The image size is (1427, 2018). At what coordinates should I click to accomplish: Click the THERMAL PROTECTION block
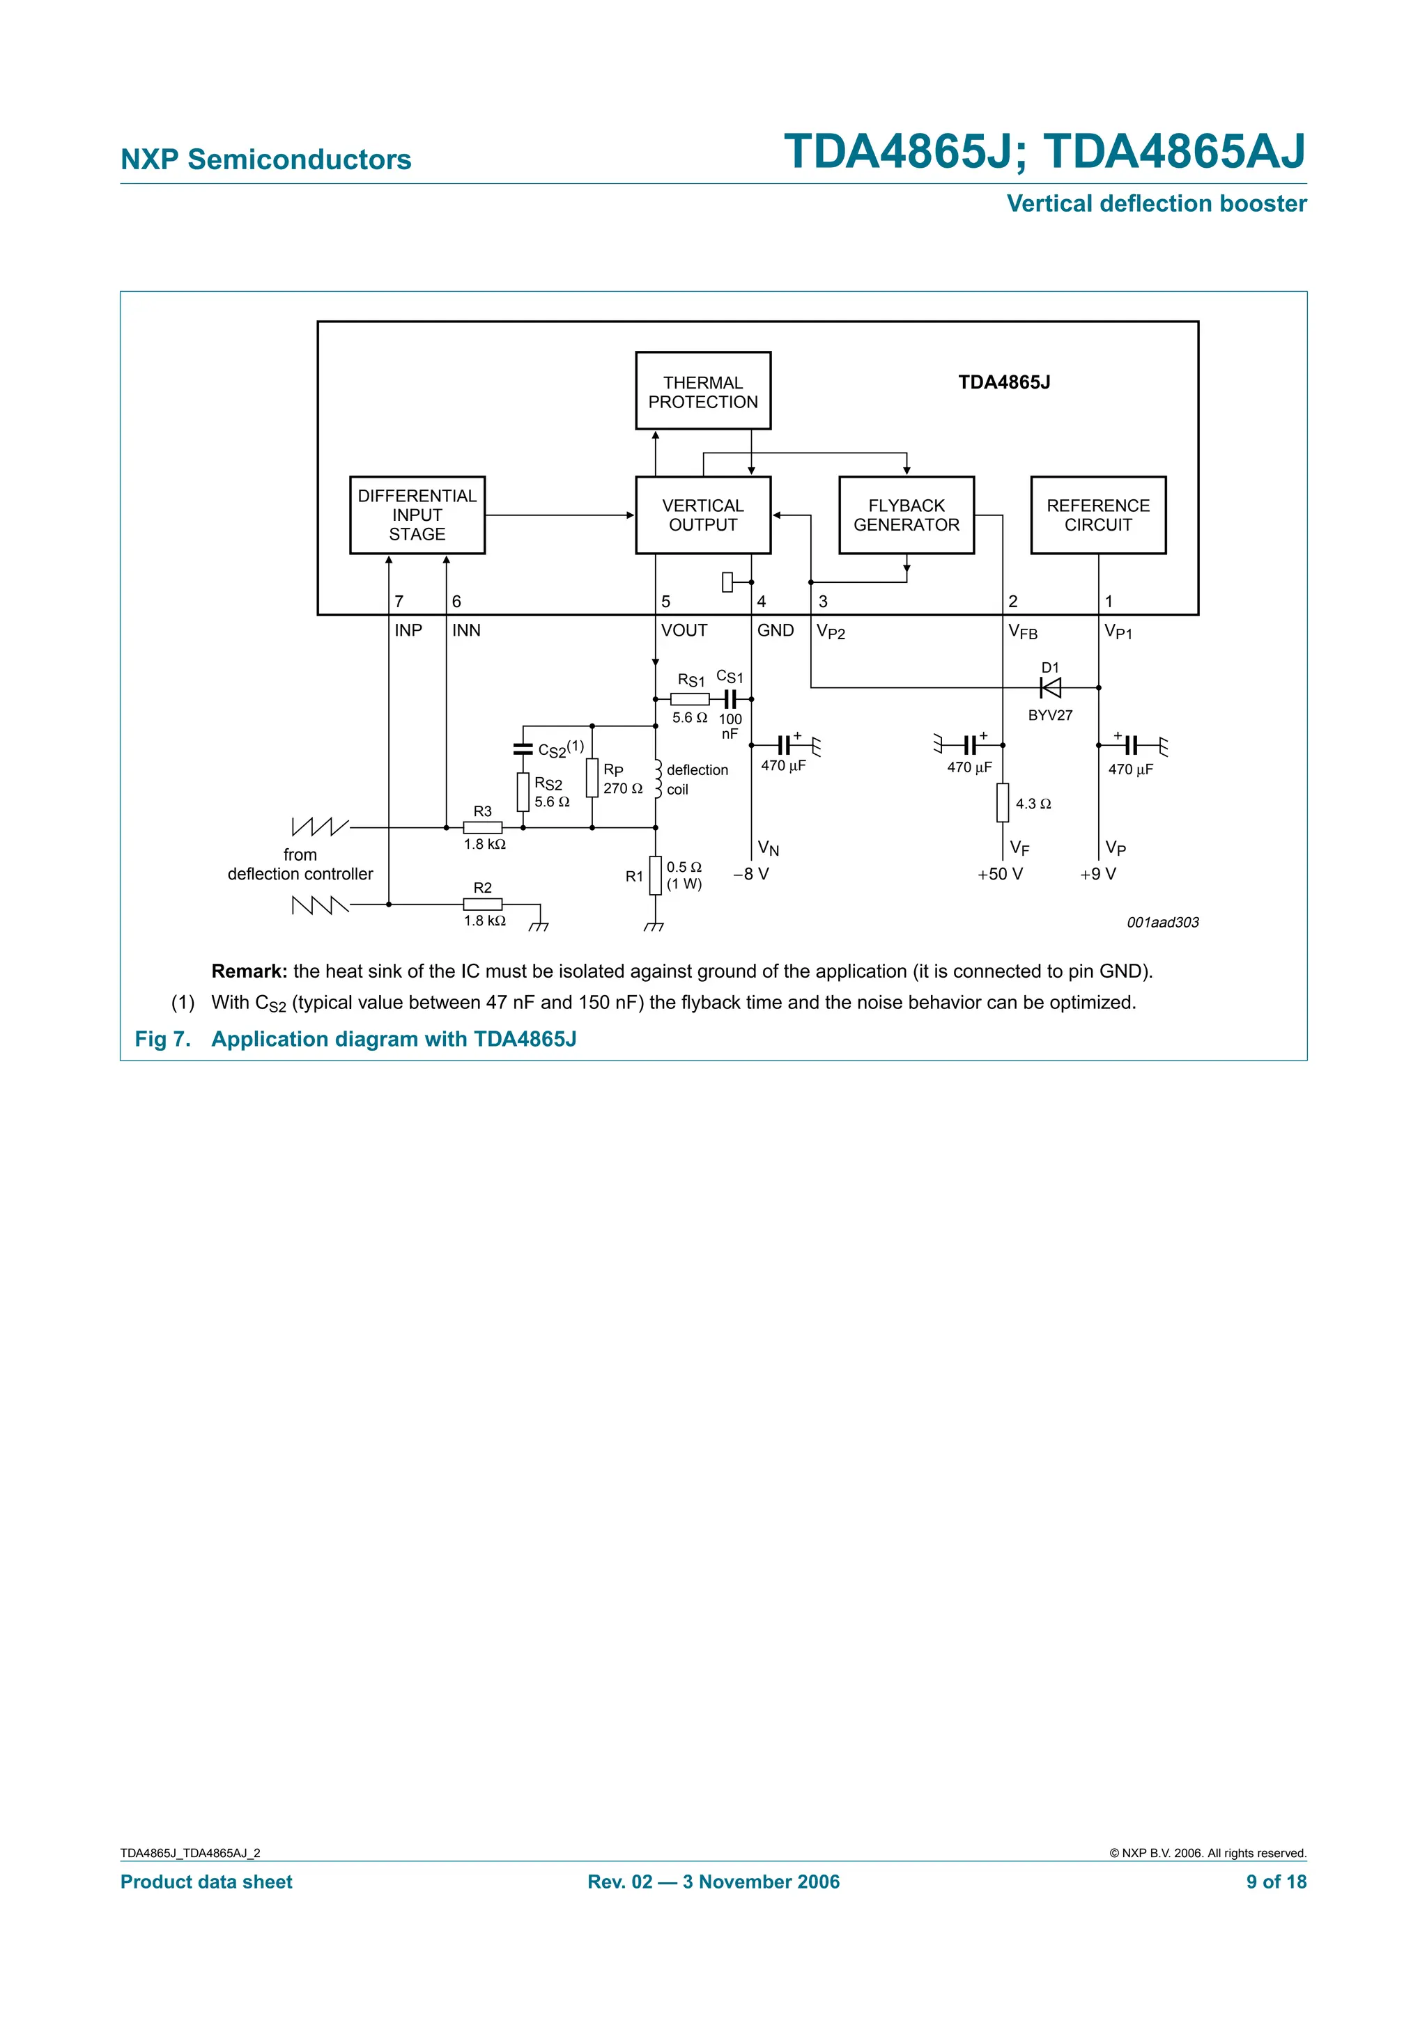click(702, 391)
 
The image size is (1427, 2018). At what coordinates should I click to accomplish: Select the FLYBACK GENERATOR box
click(906, 515)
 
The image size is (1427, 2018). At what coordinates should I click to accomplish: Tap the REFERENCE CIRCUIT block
click(1097, 515)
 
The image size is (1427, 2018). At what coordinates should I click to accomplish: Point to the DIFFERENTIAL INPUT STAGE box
click(417, 515)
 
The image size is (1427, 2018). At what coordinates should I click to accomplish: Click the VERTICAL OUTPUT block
click(702, 515)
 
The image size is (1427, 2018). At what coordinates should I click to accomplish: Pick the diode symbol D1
click(1050, 687)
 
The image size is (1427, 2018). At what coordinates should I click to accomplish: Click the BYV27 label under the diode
click(1050, 715)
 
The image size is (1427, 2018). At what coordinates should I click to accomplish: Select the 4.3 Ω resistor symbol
click(1003, 802)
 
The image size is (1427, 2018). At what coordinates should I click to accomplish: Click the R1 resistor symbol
click(655, 875)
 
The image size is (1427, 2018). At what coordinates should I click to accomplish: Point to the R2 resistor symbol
click(483, 904)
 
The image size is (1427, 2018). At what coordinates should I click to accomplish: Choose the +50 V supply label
click(1000, 874)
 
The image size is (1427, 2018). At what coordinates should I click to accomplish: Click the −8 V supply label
click(751, 874)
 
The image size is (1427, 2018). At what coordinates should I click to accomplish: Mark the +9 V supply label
click(1097, 874)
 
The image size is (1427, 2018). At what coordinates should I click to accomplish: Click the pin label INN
click(466, 630)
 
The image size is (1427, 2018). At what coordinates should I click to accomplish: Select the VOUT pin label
click(684, 630)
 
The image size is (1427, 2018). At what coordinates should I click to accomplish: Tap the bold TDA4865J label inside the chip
click(1004, 382)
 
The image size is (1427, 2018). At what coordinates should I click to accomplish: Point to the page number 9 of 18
click(1276, 1881)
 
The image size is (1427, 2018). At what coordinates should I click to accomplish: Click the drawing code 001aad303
click(1162, 922)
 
